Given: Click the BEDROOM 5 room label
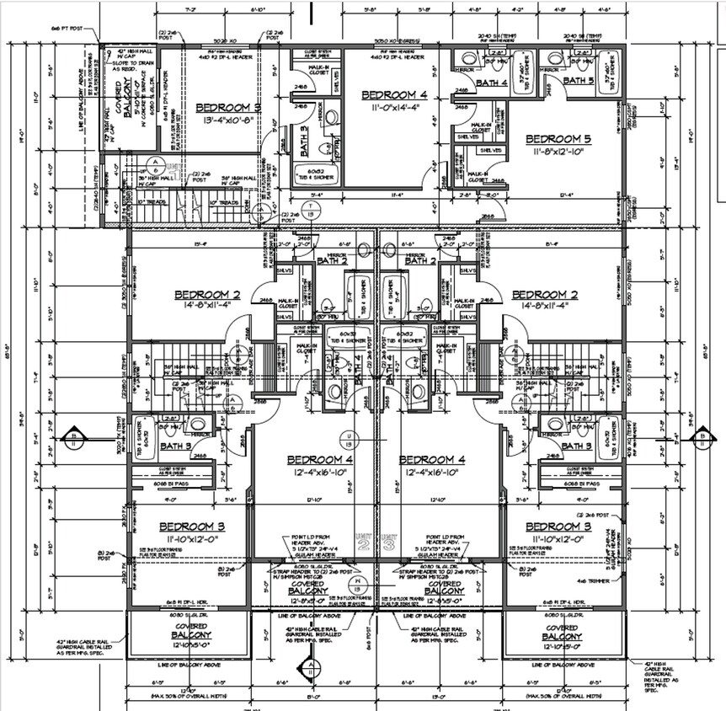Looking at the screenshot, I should pyautogui.click(x=553, y=138).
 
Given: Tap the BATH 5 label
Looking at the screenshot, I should pyautogui.click(x=579, y=80).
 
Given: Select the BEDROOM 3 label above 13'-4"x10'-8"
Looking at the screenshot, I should pyautogui.click(x=228, y=108).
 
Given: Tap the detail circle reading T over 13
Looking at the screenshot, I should pyautogui.click(x=313, y=211).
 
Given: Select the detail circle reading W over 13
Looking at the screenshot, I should pyautogui.click(x=360, y=584).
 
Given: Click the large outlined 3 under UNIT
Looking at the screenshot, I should pyautogui.click(x=388, y=545).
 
